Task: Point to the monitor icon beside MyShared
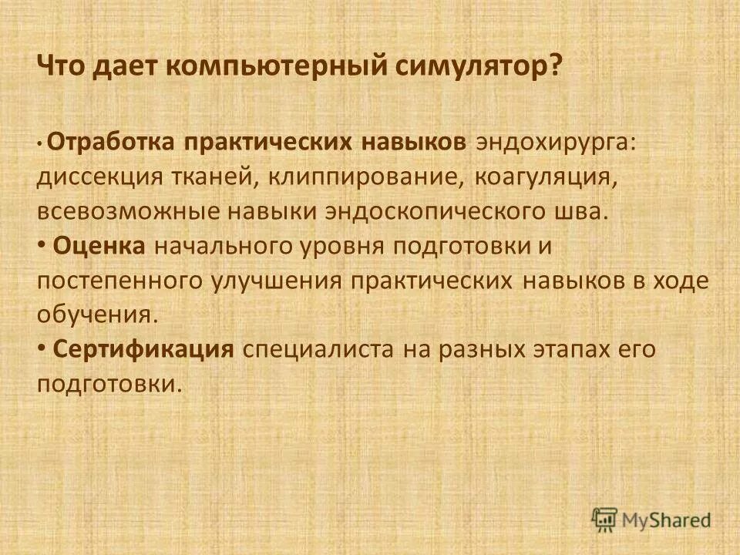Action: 605,519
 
